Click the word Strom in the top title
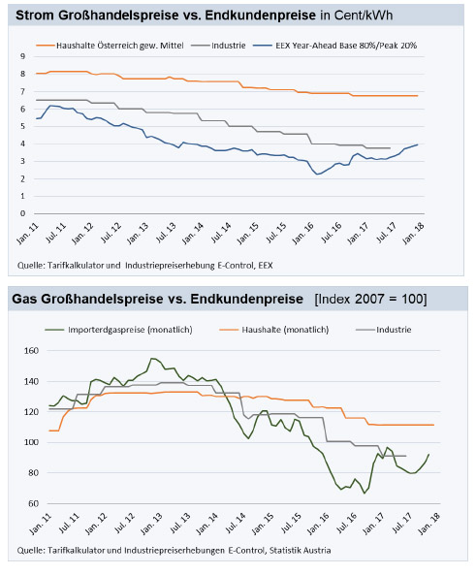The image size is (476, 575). (x=35, y=16)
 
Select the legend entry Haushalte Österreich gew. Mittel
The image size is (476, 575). (x=110, y=46)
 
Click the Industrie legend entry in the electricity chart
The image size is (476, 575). (x=218, y=46)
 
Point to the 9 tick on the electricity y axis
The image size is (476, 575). (x=23, y=56)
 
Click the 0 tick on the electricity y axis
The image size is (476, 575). (x=23, y=213)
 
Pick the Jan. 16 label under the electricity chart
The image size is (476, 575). (x=302, y=234)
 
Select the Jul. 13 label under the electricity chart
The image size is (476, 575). (x=166, y=233)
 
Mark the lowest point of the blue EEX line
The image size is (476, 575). (x=317, y=175)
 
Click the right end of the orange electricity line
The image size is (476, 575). (x=417, y=96)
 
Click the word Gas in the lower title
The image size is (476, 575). (x=24, y=299)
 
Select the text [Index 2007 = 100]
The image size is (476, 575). (x=370, y=299)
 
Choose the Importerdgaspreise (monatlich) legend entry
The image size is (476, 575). (x=118, y=330)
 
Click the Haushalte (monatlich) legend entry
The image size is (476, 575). (x=274, y=330)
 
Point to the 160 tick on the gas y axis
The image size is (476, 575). (x=31, y=351)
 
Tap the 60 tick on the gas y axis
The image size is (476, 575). (x=33, y=503)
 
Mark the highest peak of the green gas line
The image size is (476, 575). (x=151, y=358)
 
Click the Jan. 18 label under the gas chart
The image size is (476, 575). (x=428, y=524)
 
